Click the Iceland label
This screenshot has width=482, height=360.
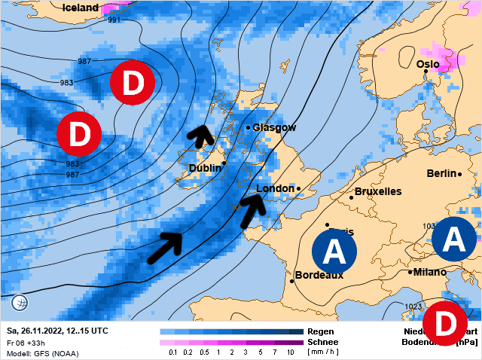click(81, 8)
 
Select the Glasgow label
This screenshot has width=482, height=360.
click(274, 127)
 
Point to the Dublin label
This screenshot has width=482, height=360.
click(205, 168)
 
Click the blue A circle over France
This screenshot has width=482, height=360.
click(334, 252)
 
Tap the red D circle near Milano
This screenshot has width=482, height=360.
click(444, 324)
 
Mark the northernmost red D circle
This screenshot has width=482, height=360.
click(133, 84)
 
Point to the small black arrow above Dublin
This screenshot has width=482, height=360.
click(200, 135)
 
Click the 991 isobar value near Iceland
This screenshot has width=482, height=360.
click(114, 20)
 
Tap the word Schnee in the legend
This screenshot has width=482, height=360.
click(322, 341)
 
